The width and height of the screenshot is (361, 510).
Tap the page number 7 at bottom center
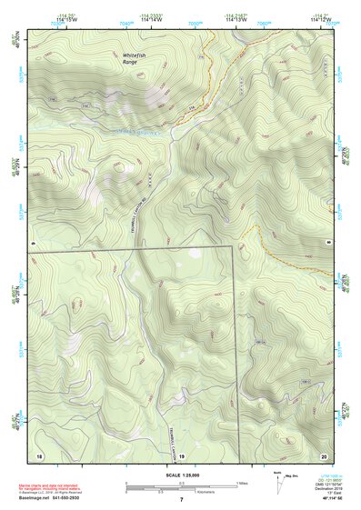(182, 500)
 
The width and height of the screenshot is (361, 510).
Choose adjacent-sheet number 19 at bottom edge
(181, 455)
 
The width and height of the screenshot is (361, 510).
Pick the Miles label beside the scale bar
(242, 483)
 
